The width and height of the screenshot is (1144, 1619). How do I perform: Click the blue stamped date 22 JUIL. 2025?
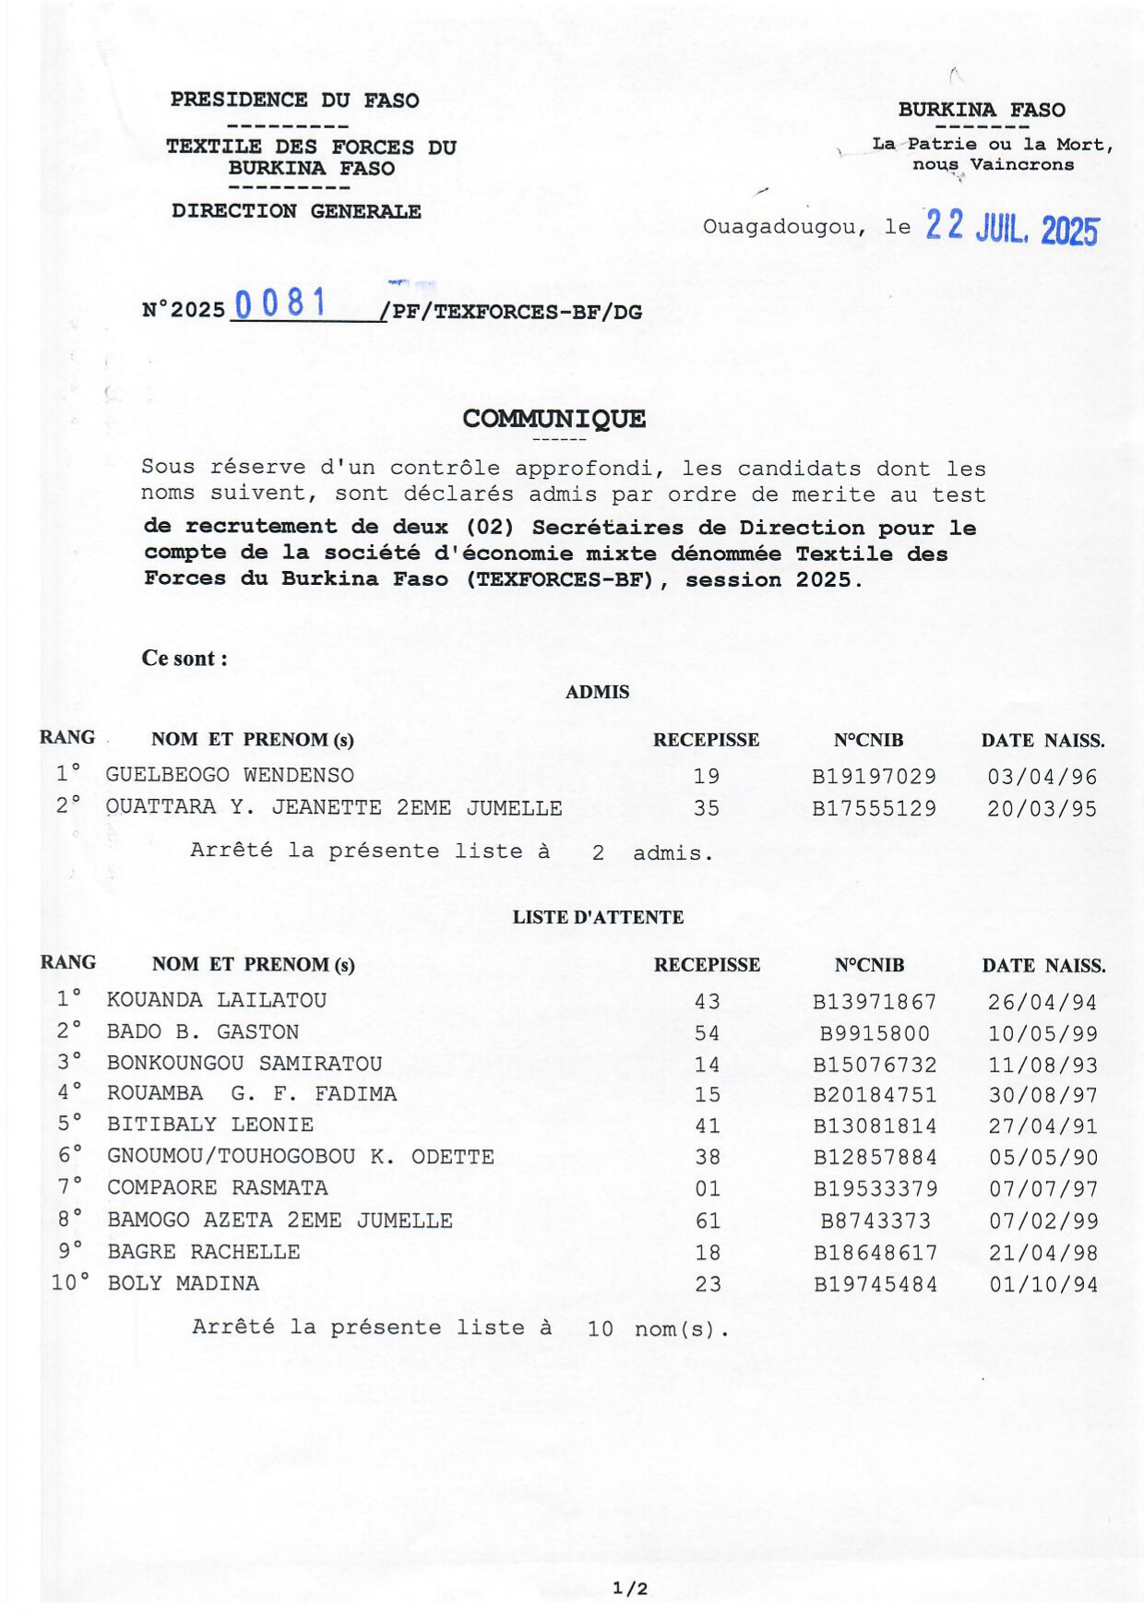pos(1011,227)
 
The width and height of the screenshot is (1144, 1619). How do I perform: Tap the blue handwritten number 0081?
pos(280,304)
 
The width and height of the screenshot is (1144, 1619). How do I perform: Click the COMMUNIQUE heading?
pos(554,419)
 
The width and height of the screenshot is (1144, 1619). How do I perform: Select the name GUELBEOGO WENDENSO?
pos(230,775)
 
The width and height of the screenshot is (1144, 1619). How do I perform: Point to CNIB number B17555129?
pos(874,809)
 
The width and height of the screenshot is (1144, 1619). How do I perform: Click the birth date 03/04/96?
pos(1043,777)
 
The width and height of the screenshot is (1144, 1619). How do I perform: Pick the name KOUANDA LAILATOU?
pos(217,1000)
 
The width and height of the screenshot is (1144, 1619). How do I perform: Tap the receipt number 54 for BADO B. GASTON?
pos(708,1033)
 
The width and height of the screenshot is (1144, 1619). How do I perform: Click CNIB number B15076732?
pos(875,1065)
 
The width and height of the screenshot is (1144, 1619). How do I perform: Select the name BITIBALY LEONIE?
pos(210,1125)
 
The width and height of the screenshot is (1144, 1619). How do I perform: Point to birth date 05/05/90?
pos(1043,1158)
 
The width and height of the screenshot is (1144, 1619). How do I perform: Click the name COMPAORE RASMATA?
pos(218,1187)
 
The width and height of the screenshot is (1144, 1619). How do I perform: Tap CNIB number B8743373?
pos(876,1221)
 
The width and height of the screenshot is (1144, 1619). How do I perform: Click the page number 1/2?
pos(630,1588)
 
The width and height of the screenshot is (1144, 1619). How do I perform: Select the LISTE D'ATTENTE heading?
pos(598,917)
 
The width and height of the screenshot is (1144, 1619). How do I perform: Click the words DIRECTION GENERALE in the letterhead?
pos(296,211)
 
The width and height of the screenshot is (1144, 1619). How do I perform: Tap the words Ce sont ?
pos(185,659)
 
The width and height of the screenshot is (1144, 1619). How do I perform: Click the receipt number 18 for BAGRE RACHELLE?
pos(708,1253)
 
